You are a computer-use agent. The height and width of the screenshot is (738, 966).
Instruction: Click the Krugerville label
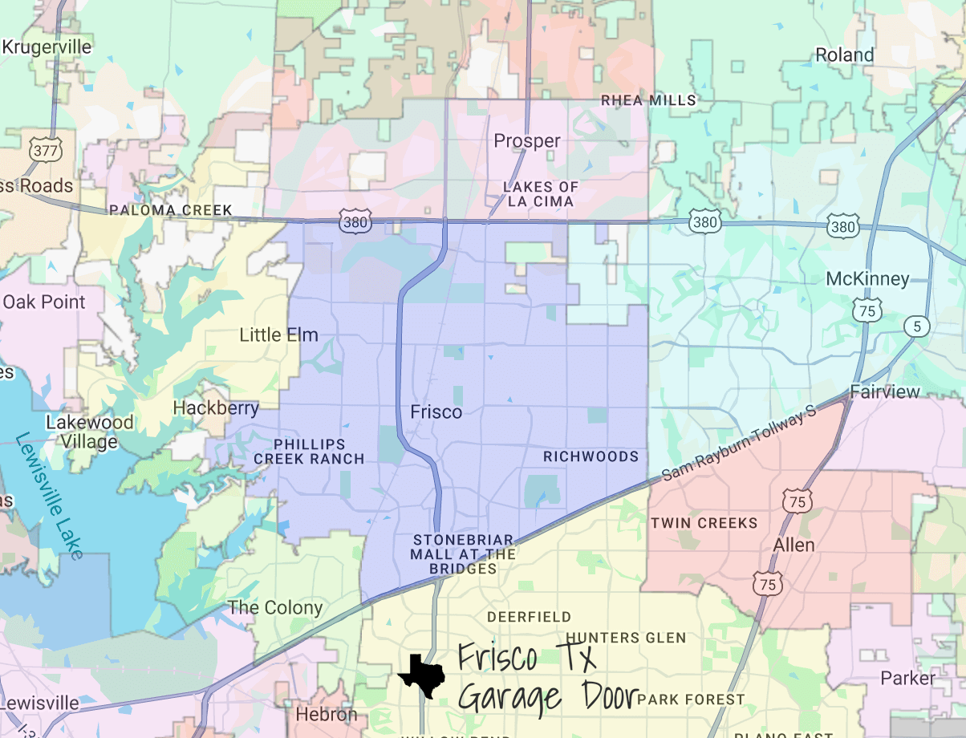47,47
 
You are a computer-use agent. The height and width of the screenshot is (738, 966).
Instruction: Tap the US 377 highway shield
38,149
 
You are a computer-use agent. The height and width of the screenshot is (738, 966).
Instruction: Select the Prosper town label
527,141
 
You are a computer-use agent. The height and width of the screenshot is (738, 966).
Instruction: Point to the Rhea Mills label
649,100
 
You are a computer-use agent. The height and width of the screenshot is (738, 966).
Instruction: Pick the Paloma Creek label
171,210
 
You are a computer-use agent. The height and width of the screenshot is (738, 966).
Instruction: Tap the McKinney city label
867,279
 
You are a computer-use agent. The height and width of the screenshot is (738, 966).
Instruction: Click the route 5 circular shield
916,326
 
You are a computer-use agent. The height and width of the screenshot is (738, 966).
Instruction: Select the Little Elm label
278,335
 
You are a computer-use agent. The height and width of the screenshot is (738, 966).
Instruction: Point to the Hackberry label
216,408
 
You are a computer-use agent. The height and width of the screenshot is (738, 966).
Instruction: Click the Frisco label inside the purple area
436,412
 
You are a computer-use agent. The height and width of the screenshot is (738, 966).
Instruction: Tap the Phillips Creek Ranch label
310,452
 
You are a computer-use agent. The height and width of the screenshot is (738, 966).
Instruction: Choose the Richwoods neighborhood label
591,456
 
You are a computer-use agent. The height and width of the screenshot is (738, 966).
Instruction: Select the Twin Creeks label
704,523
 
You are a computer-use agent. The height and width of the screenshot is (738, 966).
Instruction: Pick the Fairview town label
885,391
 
